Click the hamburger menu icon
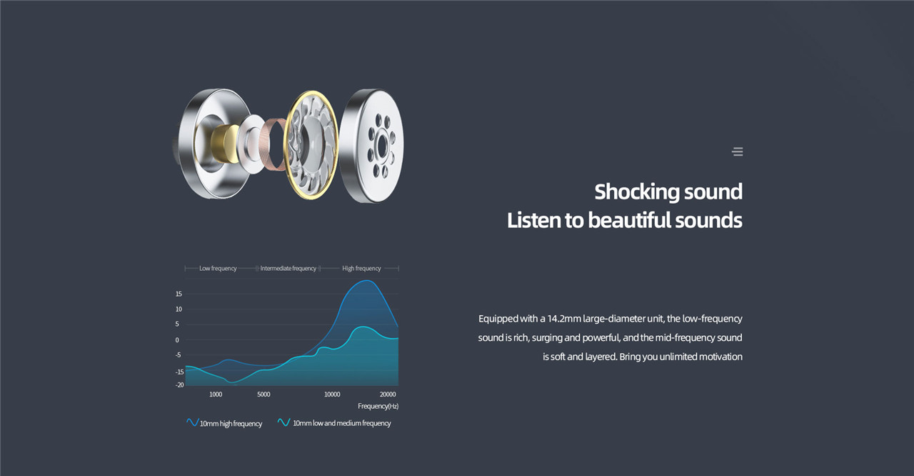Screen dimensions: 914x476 (x=738, y=152)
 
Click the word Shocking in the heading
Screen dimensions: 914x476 (x=636, y=192)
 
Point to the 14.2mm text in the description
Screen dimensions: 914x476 (x=564, y=319)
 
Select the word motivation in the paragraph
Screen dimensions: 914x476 (x=720, y=357)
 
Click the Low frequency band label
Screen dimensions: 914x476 (x=218, y=268)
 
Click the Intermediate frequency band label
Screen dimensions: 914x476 (x=288, y=268)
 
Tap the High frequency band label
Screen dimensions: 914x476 (x=361, y=268)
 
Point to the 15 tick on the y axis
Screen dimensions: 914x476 (x=179, y=294)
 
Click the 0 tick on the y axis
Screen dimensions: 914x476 (x=177, y=339)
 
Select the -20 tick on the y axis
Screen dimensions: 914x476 (x=179, y=385)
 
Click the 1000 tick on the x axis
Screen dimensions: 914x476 (x=216, y=394)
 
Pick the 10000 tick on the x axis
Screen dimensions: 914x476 (x=332, y=394)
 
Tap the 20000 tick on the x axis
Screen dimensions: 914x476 (x=388, y=394)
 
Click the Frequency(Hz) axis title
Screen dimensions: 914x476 (x=378, y=406)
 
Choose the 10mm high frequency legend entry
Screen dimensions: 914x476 (x=224, y=423)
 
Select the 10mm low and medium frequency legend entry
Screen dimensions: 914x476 (x=333, y=423)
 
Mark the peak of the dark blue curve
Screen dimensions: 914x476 (x=367, y=280)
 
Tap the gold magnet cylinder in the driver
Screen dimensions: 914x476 (x=225, y=144)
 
